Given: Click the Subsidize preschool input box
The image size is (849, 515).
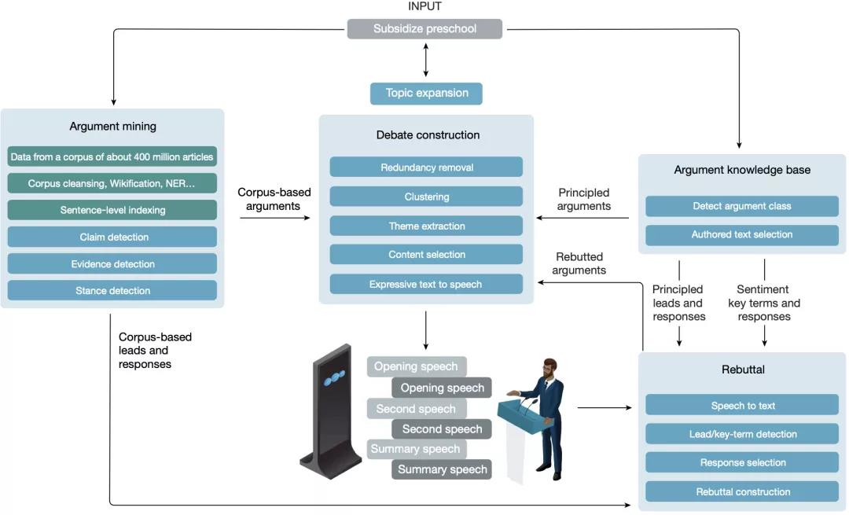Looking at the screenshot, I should tap(424, 29).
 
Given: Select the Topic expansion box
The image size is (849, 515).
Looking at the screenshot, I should tap(426, 94).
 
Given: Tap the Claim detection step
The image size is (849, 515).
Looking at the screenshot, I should tap(112, 237).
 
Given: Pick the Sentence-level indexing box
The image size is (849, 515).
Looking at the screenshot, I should tap(112, 210).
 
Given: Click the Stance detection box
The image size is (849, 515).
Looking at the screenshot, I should tap(112, 290).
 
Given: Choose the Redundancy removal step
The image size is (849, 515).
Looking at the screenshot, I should tap(426, 167).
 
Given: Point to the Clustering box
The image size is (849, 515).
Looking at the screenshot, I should tap(426, 196).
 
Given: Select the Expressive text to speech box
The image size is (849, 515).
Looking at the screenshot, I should tap(426, 284).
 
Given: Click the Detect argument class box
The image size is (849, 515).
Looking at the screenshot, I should tap(741, 206).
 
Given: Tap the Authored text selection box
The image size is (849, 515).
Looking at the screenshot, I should tap(741, 234).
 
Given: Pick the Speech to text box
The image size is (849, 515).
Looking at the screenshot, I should tap(741, 405).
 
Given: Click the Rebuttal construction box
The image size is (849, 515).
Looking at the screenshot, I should tap(741, 491).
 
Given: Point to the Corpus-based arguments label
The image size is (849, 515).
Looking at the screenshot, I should tap(274, 199).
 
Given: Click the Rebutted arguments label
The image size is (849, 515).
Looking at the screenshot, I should tap(579, 263).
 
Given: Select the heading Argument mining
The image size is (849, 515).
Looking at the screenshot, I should tap(112, 126).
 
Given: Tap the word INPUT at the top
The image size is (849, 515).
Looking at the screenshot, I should tap(424, 6).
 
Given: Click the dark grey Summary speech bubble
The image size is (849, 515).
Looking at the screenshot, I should tap(442, 469).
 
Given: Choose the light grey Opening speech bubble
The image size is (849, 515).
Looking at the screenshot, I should tap(417, 366).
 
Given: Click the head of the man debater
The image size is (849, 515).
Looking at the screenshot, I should tap(549, 368).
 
